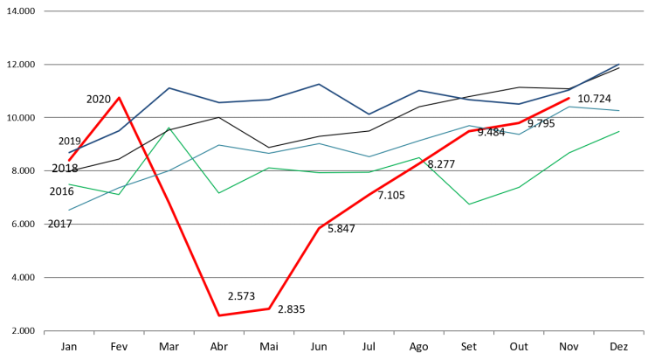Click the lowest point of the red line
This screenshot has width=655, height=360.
(218, 315)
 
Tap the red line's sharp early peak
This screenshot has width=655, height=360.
(120, 97)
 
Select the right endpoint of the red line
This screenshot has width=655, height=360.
(569, 98)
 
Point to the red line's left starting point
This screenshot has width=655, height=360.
(69, 160)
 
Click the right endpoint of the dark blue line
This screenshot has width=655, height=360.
(618, 65)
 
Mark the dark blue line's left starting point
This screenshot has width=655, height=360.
(69, 153)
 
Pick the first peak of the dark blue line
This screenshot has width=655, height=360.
(169, 87)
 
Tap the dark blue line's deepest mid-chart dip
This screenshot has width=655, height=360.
(369, 114)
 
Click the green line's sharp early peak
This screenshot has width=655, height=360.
(169, 128)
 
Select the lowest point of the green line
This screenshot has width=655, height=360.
(469, 204)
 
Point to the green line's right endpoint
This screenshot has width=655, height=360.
(618, 131)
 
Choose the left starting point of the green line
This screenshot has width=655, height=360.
(69, 184)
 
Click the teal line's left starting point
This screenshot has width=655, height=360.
(69, 210)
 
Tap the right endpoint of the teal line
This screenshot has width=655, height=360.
(618, 111)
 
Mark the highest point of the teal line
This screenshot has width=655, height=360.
(569, 107)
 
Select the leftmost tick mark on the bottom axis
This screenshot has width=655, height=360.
(45, 333)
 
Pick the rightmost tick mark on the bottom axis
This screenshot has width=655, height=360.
(643, 333)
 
